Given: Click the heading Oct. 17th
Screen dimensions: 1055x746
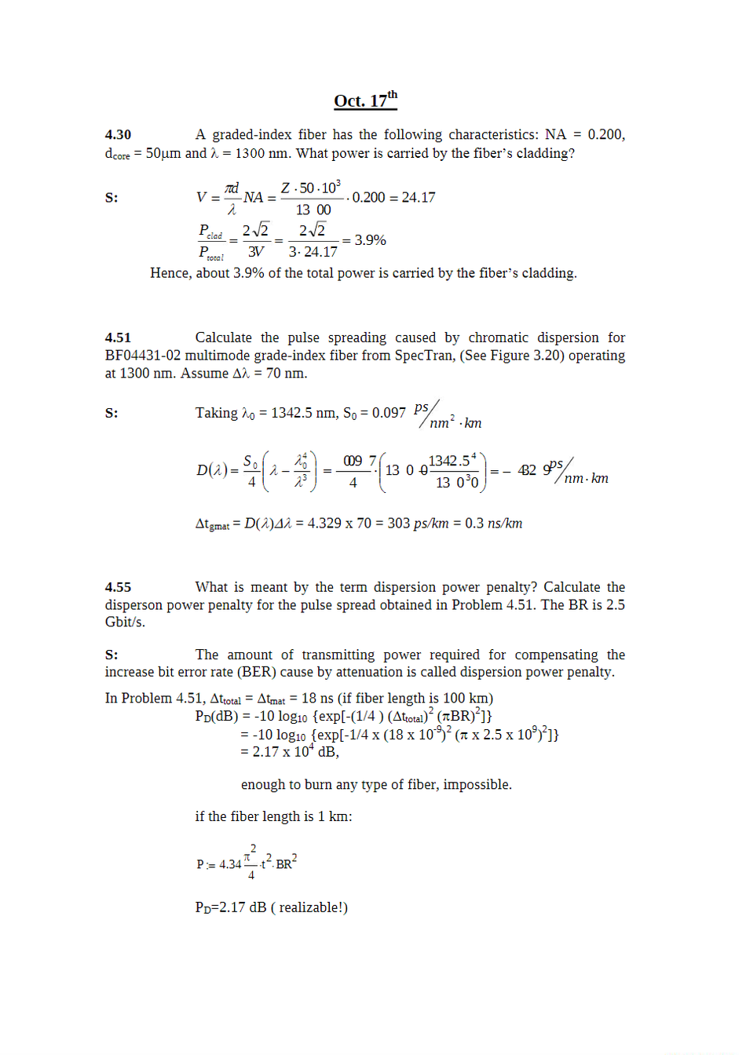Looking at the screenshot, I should coord(365,100).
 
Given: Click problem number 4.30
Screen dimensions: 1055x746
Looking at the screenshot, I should coord(118,135).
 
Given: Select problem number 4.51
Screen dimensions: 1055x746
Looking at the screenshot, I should coord(118,338).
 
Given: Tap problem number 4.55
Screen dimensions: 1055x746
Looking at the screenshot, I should coord(118,587).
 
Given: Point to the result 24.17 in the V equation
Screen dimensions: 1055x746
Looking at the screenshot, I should coord(418,198).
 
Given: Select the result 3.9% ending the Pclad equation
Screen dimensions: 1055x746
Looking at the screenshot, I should coord(370,240).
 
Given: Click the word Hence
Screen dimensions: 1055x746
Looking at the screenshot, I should coord(170,273).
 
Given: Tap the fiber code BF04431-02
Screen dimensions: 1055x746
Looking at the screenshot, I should coord(143,356).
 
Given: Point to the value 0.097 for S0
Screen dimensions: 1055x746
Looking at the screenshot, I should coord(389,413).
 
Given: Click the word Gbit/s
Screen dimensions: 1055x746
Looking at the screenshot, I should coord(125,622).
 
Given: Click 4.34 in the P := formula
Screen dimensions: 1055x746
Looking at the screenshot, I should coord(230,864).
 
